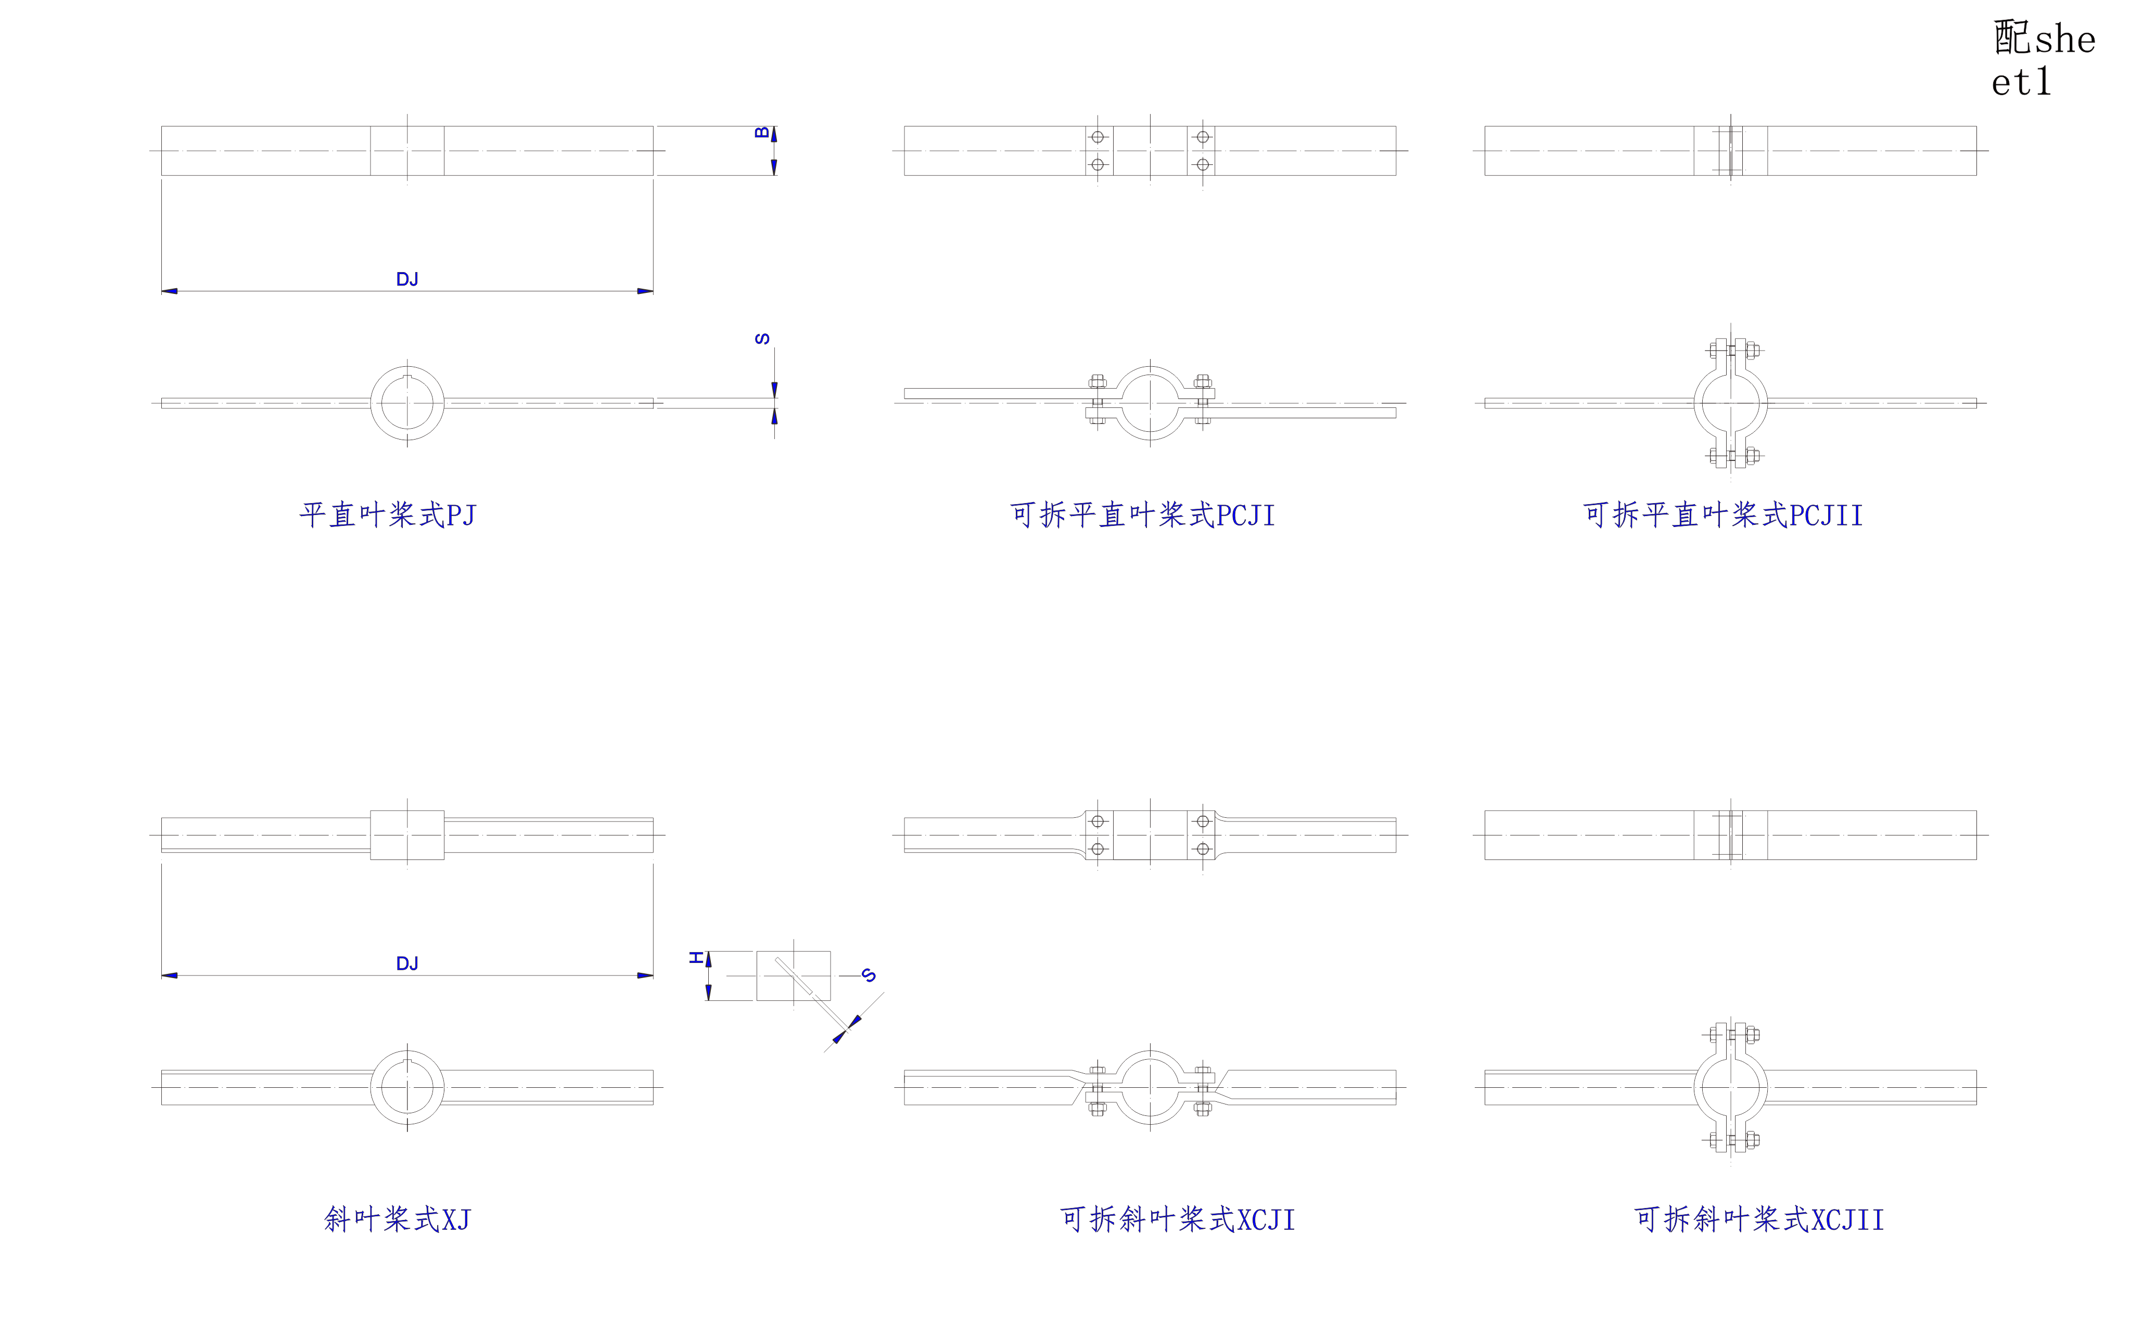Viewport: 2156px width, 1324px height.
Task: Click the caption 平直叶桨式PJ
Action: point(387,515)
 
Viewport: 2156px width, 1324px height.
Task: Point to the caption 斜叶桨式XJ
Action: point(397,1219)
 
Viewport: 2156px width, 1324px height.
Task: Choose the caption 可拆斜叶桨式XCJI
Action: point(1177,1219)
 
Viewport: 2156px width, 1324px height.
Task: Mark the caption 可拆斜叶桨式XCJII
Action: point(1758,1219)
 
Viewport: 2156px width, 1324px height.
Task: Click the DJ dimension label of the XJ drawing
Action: point(407,963)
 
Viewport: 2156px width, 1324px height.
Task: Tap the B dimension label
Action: point(762,133)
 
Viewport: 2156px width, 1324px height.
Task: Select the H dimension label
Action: point(697,957)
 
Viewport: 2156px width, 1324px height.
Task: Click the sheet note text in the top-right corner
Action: point(2043,59)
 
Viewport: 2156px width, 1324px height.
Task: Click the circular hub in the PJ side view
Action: point(407,403)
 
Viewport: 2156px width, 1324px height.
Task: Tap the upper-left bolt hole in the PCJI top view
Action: point(1098,137)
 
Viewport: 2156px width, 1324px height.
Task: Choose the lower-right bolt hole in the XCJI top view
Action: point(1202,849)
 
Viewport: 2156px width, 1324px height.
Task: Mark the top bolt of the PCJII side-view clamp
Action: point(1731,350)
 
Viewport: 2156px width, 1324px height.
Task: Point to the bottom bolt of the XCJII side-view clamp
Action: point(1731,1140)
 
